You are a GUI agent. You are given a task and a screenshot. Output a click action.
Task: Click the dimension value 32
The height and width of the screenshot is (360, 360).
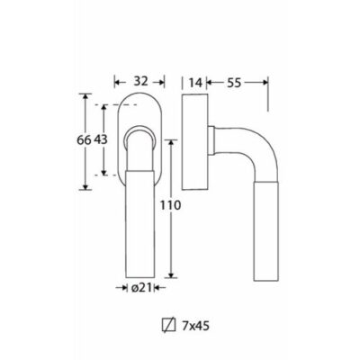point(140,81)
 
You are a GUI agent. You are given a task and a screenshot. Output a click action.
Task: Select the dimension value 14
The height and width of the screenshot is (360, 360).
point(195,82)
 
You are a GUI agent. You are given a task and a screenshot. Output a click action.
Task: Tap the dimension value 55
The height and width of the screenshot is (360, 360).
point(234,83)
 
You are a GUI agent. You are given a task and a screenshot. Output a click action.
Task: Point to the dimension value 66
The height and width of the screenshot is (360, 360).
point(84,139)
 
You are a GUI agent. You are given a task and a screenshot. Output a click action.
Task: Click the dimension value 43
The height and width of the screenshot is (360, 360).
point(101,139)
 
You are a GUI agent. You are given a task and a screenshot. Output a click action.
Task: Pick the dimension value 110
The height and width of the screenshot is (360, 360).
point(170,205)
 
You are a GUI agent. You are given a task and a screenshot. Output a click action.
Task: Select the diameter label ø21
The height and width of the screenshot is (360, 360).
point(140,288)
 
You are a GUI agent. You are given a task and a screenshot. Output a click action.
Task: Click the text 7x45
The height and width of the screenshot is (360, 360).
point(195,326)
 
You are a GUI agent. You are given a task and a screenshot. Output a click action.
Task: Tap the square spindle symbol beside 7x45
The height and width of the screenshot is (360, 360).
point(168,326)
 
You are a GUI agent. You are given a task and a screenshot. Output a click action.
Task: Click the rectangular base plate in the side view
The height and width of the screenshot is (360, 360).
point(194,141)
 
